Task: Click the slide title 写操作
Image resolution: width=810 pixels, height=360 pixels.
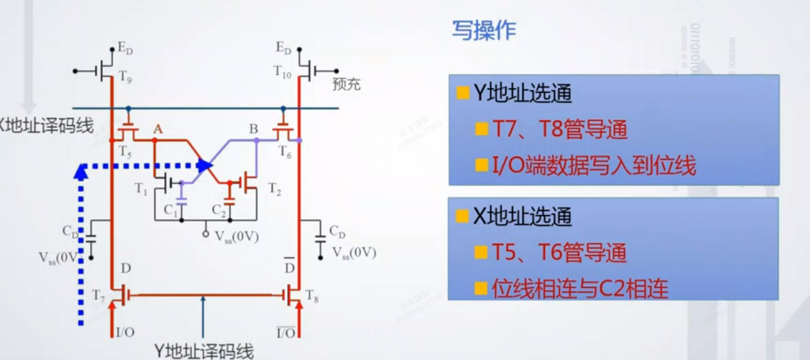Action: [x=484, y=31]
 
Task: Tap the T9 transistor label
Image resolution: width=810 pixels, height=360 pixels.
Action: [x=124, y=76]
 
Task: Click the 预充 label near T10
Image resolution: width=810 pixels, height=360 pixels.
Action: [x=346, y=84]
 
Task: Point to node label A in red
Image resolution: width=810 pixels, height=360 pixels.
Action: [x=158, y=129]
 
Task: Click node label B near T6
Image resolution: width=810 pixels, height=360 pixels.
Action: [x=254, y=129]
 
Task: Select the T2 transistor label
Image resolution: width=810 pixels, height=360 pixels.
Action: [x=275, y=189]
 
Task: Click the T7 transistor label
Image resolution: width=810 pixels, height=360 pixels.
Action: [x=99, y=294]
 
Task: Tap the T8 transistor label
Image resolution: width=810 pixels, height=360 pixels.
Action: [x=311, y=296]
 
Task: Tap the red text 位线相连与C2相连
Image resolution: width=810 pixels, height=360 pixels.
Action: [x=579, y=289]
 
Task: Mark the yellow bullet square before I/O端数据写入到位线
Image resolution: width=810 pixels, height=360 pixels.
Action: [x=481, y=165]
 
